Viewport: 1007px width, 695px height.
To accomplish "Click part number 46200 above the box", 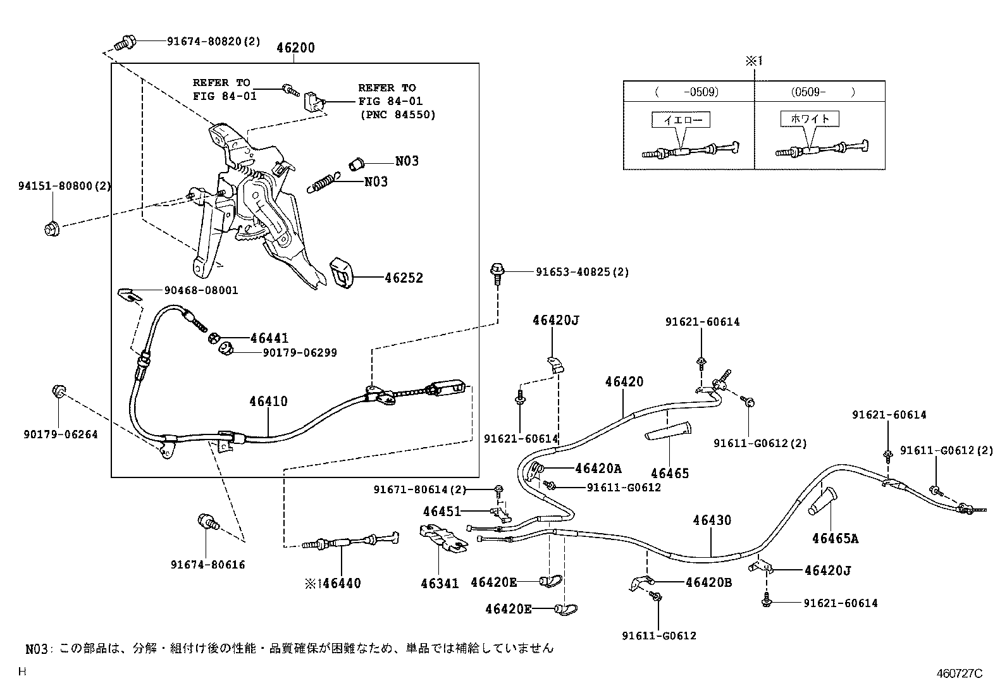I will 295,48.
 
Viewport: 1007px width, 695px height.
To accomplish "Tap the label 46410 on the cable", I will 268,402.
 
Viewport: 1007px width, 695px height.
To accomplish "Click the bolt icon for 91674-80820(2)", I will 124,43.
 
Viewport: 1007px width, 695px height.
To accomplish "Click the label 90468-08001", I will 201,291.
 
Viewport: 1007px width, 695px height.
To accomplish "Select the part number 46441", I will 269,339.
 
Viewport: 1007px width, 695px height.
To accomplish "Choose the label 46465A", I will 835,539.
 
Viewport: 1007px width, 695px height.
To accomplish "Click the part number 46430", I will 712,520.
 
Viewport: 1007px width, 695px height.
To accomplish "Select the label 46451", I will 443,511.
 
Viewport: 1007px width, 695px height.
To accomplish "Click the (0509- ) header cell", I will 819,92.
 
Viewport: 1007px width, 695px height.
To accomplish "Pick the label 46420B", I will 708,582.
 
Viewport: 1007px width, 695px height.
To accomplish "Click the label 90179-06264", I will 61,435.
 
